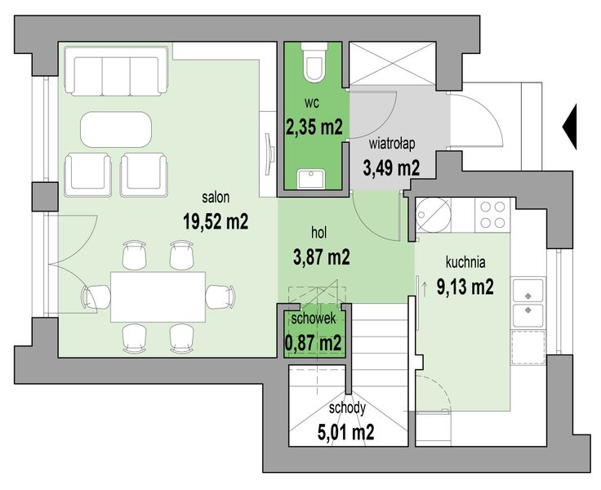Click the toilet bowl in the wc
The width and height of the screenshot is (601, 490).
point(314,62)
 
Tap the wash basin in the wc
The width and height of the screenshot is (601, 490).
point(311,179)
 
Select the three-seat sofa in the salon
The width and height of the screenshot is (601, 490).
point(117,71)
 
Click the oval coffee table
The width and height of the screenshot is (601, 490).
point(116,129)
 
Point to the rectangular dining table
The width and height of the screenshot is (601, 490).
point(158,296)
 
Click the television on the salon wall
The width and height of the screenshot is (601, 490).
point(269,154)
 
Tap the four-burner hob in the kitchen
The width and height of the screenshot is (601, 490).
point(492,215)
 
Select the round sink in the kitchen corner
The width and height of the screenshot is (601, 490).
point(434,215)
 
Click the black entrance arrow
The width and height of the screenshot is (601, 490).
point(570,127)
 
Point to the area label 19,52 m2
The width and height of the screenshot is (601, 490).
point(216,221)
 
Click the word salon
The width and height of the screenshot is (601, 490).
point(216,197)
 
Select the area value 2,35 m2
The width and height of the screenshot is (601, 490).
point(314,126)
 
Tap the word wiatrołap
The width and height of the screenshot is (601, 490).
point(392,144)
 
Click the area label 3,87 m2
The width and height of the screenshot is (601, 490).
point(321,257)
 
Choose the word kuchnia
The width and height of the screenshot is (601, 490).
point(465,262)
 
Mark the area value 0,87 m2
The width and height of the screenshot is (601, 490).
point(313,342)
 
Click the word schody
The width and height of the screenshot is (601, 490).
point(347,408)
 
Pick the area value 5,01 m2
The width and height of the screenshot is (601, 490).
point(345,433)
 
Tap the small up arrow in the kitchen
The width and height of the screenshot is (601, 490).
point(425,289)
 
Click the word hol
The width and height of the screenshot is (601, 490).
point(319,233)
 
